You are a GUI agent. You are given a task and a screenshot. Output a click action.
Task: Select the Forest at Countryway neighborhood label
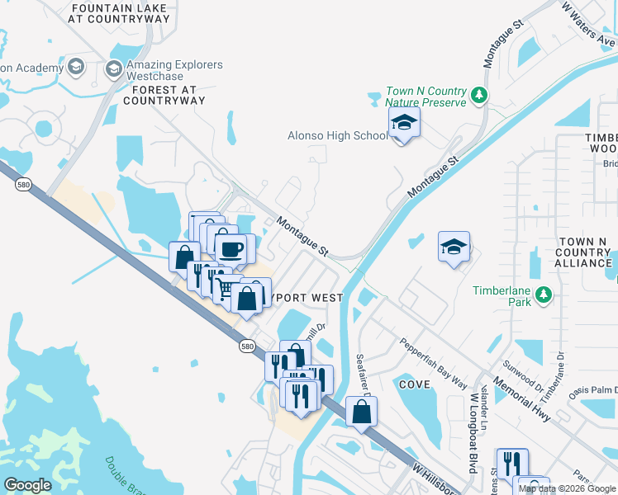pyautogui.click(x=164, y=95)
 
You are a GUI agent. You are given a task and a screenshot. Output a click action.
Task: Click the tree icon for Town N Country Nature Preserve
pyautogui.click(x=478, y=97)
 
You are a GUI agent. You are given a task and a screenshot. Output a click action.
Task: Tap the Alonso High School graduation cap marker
pyautogui.click(x=403, y=125)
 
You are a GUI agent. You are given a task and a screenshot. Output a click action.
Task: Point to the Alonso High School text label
pyautogui.click(x=336, y=135)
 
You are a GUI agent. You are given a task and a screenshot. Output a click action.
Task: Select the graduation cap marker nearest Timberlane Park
pyautogui.click(x=453, y=247)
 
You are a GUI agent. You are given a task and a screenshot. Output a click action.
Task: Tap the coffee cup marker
pyautogui.click(x=230, y=247)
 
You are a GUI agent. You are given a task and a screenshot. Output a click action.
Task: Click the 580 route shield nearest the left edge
pyautogui.click(x=23, y=185)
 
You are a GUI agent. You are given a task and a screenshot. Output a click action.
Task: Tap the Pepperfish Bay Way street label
pyautogui.click(x=434, y=362)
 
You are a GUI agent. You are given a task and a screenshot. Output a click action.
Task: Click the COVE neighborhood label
pyautogui.click(x=415, y=384)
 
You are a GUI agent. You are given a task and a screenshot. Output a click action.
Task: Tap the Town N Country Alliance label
pyautogui.click(x=583, y=252)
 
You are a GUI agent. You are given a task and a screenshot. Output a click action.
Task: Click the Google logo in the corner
pyautogui.click(x=27, y=485)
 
